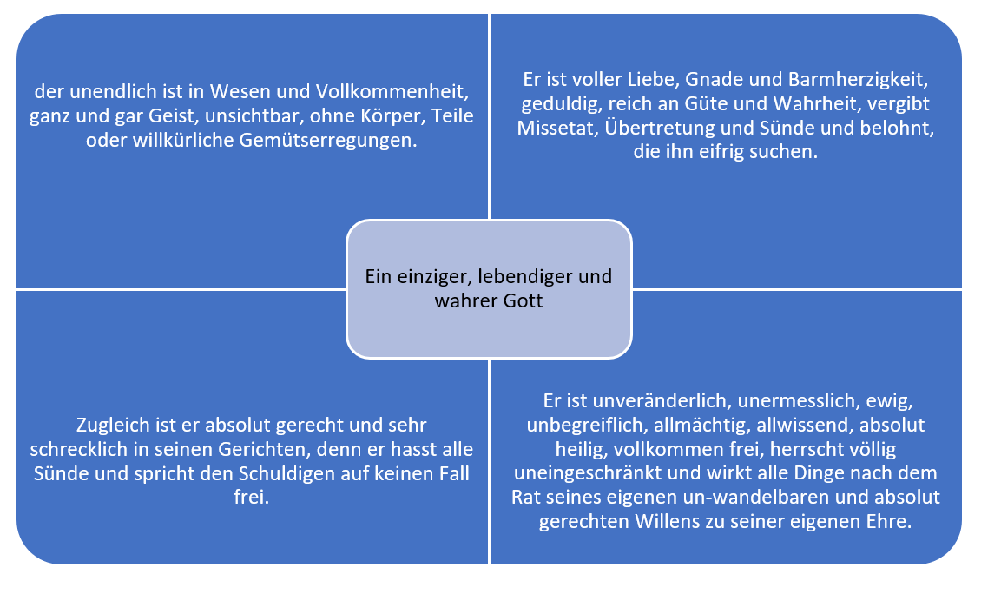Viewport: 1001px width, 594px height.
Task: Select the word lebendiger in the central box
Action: coord(525,276)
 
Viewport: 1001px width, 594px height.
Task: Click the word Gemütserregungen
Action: coord(328,141)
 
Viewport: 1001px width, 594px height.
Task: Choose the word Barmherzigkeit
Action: coord(858,79)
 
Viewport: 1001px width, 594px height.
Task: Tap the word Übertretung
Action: coord(659,128)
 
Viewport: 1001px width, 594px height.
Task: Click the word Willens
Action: coord(664,522)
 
